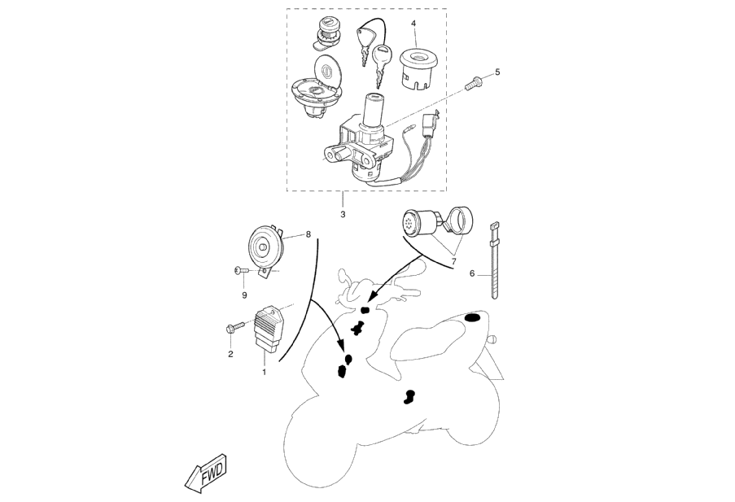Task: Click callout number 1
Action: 264,372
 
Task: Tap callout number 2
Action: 230,354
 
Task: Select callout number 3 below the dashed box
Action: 343,214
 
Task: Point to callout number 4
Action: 413,24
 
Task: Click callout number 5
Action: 497,72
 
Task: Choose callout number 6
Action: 472,273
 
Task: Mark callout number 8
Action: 308,234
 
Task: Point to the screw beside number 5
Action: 473,82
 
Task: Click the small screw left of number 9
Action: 237,270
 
